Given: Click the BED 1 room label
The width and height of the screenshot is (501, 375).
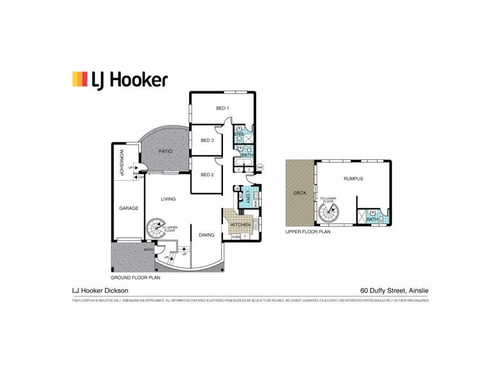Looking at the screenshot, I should tap(222, 108).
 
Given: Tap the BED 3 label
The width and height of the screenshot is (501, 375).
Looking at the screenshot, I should tap(207, 140).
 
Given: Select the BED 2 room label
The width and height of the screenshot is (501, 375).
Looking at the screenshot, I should tap(207, 174).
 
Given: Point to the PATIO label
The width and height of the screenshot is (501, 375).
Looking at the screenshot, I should tap(165, 151).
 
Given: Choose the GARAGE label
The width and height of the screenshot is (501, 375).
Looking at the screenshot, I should tap(128, 208).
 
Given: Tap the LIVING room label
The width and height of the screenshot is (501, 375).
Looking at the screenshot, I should tap(168, 199).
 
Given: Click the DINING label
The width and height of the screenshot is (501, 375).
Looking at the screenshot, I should tap(206, 235).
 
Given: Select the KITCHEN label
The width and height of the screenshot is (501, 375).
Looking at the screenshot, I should tap(240, 224).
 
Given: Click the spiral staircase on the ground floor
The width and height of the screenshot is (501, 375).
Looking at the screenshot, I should tap(156, 229).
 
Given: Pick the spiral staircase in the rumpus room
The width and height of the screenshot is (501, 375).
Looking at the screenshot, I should tap(327, 214).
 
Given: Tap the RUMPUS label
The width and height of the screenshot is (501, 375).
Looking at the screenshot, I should tap(353, 179).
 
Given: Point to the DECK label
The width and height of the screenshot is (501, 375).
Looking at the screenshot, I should tap(300, 193).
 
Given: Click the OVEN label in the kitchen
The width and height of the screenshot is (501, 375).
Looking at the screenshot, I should tap(236, 237).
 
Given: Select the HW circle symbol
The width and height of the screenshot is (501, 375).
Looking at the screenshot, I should tap(261, 167).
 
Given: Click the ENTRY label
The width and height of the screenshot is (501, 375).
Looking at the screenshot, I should tap(148, 249).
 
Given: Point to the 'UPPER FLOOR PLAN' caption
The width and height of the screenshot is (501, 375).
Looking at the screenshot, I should tap(306, 231).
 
